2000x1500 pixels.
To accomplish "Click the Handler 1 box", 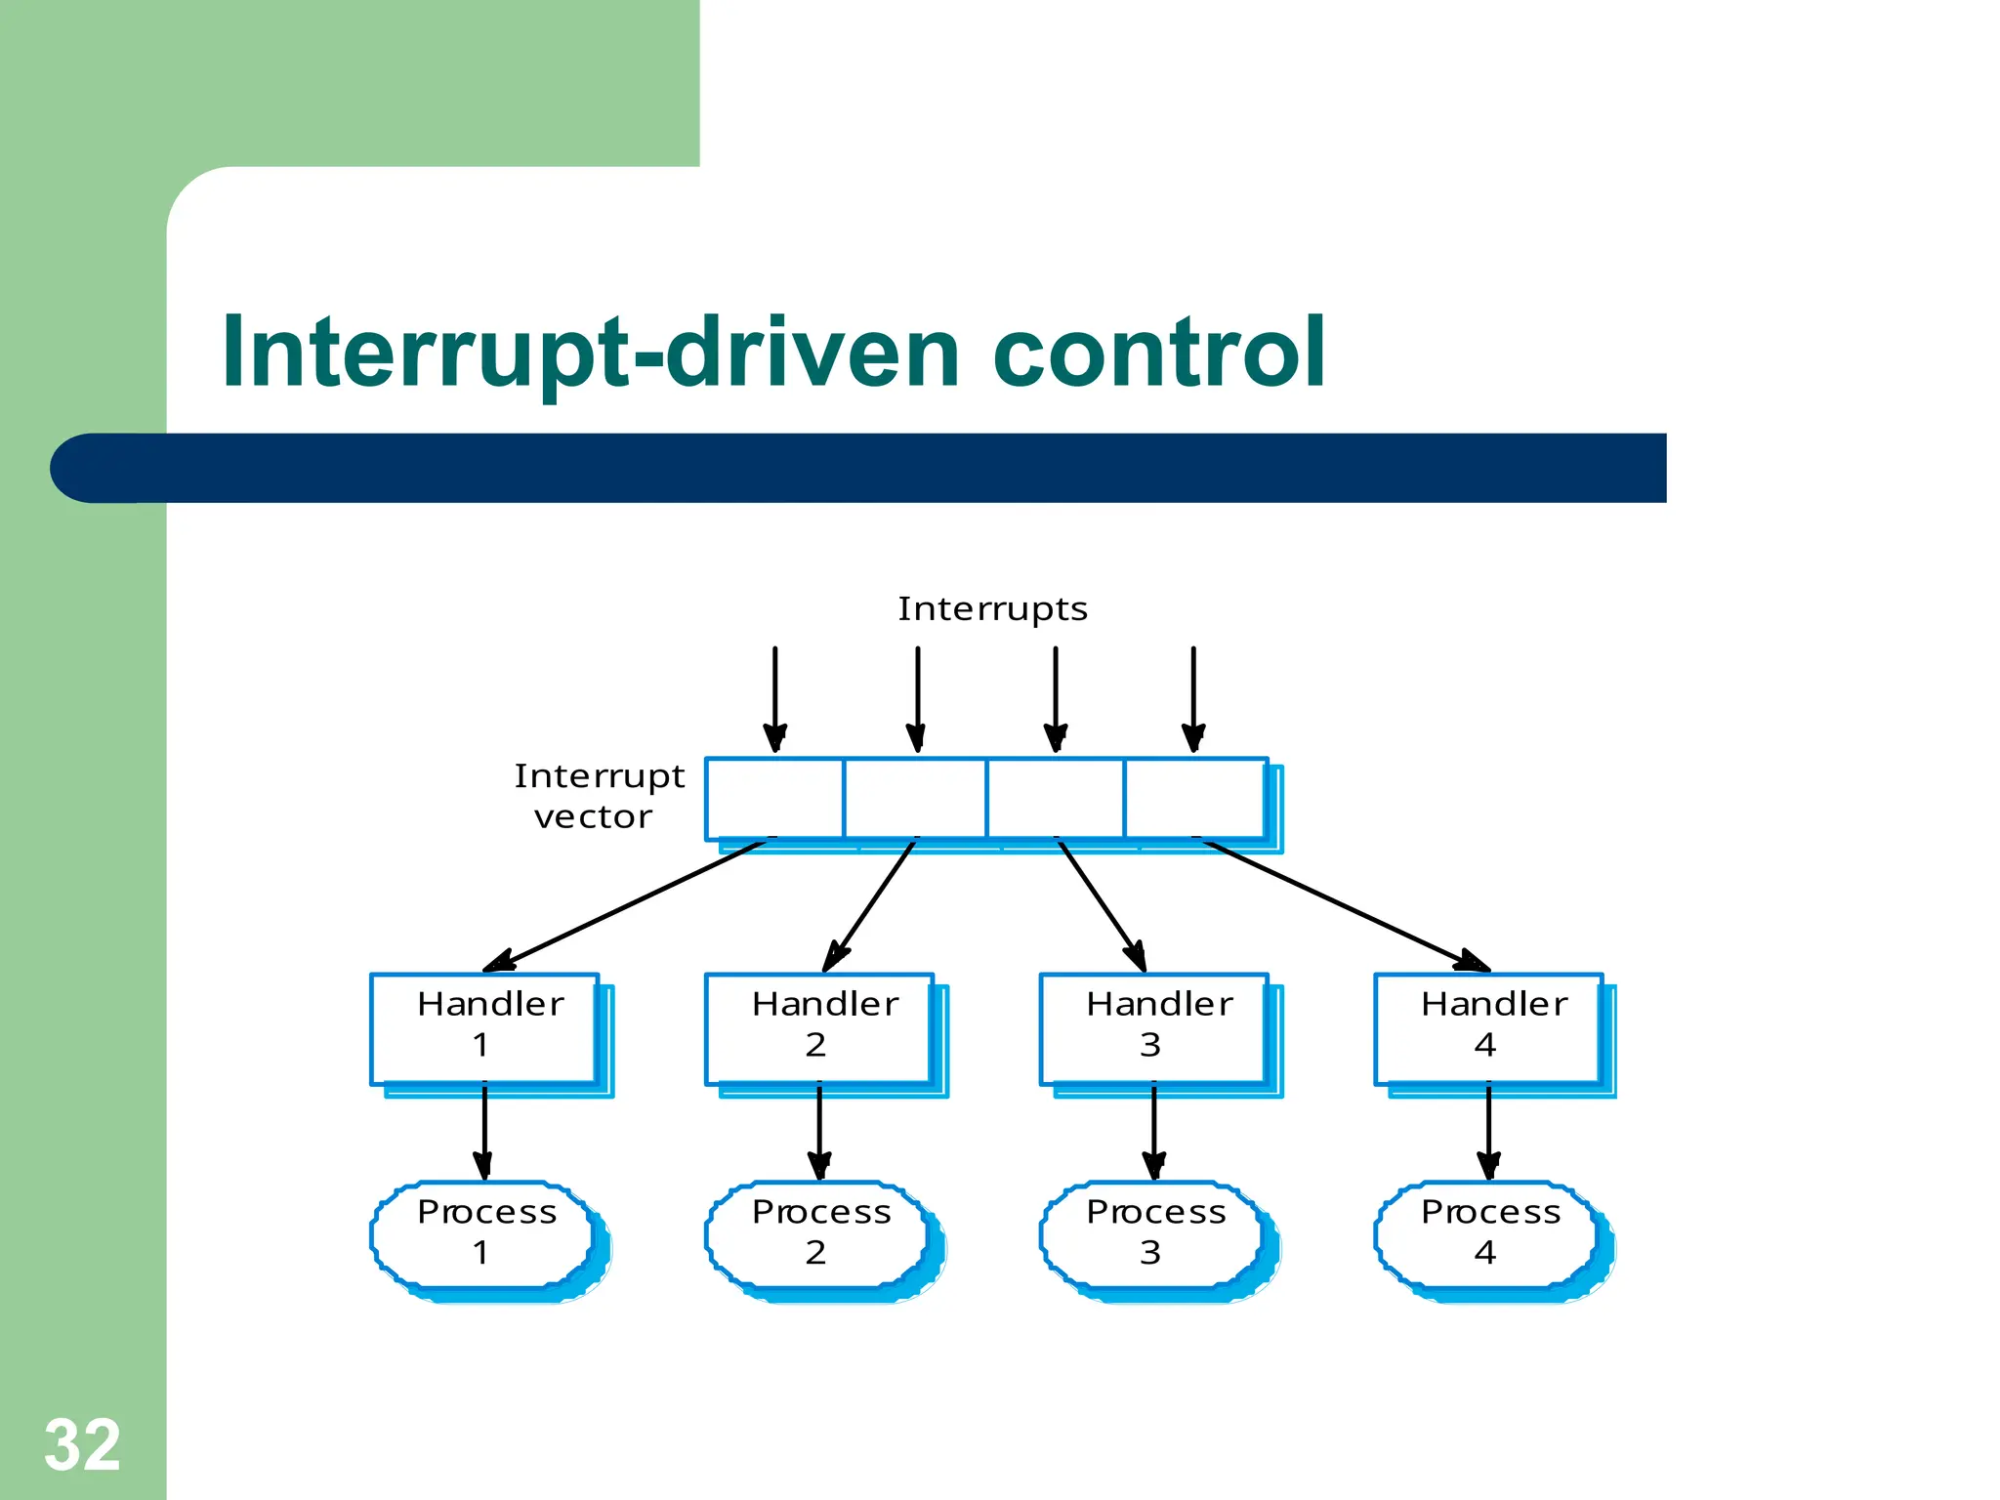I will pos(484,1028).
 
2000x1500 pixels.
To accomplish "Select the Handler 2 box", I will pos(819,1028).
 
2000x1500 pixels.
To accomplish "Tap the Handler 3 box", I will pos(1154,1028).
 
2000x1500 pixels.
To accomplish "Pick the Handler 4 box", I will pos(1488,1028).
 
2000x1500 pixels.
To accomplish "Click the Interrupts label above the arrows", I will pos(992,608).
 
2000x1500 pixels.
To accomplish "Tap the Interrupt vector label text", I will pos(598,796).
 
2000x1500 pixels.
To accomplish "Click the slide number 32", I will pos(82,1444).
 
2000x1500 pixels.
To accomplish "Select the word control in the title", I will pos(1158,352).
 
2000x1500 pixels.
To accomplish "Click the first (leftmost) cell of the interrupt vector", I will pos(774,798).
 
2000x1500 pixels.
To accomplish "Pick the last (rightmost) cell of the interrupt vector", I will pos(1195,798).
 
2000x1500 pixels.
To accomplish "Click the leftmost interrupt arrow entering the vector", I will pos(774,698).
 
